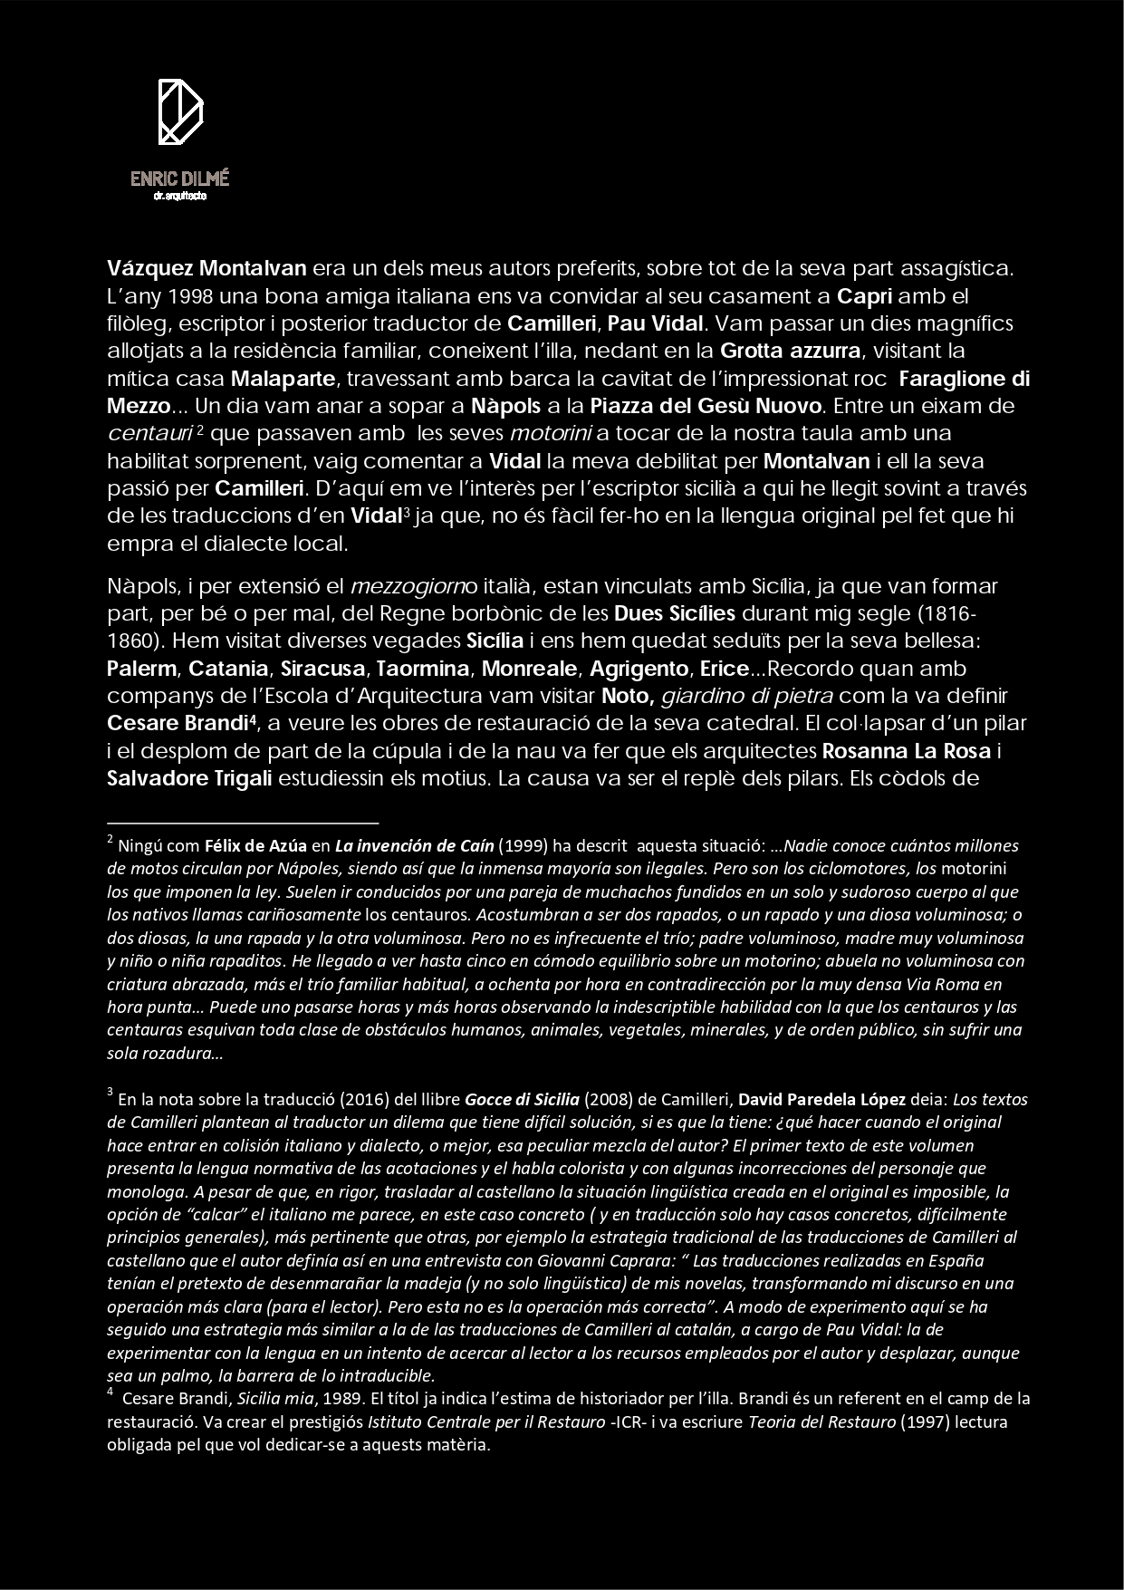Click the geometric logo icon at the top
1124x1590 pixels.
pyautogui.click(x=180, y=111)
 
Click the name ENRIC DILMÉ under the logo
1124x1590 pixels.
pyautogui.click(x=179, y=178)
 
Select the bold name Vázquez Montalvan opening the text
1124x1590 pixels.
pyautogui.click(x=207, y=269)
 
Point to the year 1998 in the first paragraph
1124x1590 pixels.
pyautogui.click(x=192, y=296)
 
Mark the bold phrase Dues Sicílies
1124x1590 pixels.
pyautogui.click(x=675, y=614)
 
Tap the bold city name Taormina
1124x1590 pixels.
pyautogui.click(x=423, y=670)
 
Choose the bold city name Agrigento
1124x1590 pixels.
pyautogui.click(x=639, y=670)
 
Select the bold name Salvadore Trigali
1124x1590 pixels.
pyautogui.click(x=189, y=779)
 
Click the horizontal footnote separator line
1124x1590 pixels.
pyautogui.click(x=242, y=823)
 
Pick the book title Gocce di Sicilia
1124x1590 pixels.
pyautogui.click(x=522, y=1100)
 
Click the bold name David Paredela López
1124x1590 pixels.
pyautogui.click(x=822, y=1100)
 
